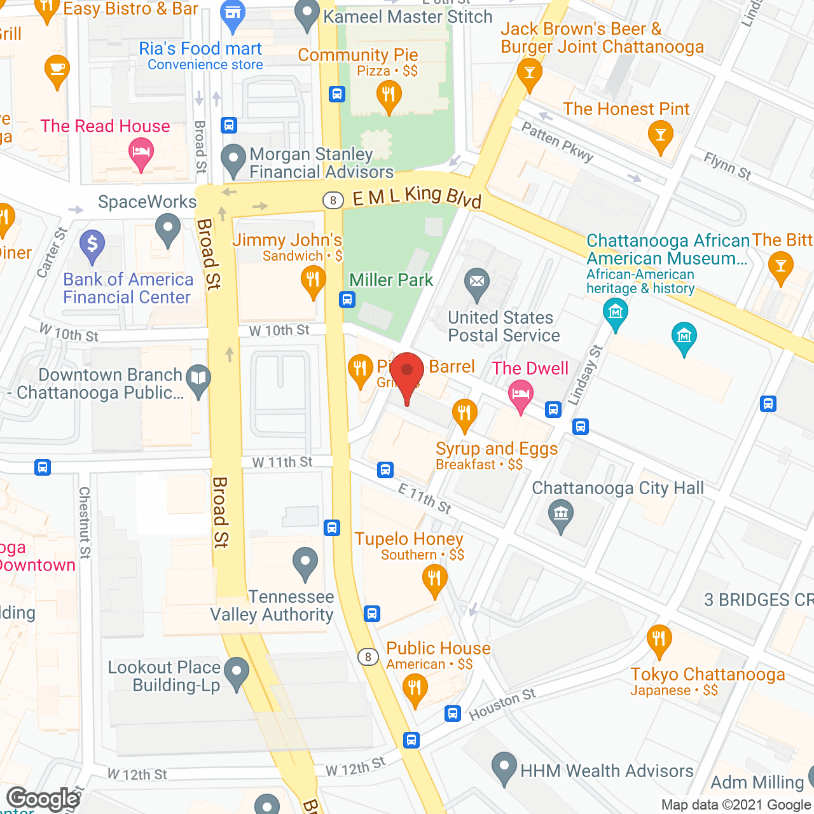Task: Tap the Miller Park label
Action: click(391, 280)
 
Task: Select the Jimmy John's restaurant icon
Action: click(313, 280)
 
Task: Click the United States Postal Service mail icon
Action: click(477, 282)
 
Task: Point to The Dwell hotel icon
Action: click(521, 394)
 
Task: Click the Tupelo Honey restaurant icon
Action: click(434, 579)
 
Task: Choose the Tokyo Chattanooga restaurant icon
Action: click(659, 638)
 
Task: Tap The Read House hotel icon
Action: click(141, 153)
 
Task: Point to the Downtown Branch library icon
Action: click(199, 379)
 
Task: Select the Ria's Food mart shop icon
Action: click(233, 15)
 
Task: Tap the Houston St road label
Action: click(502, 705)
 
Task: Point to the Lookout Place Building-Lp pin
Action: click(237, 672)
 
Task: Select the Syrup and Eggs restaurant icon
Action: click(464, 413)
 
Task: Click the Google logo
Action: click(43, 798)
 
